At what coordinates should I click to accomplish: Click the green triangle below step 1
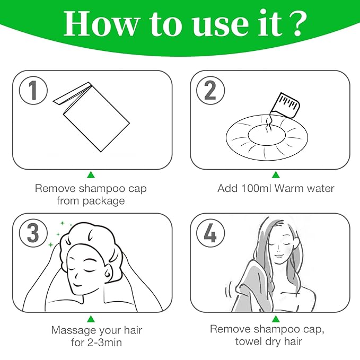coord(91,174)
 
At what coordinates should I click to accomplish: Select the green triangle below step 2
coord(276,174)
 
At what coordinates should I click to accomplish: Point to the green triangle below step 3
coord(91,318)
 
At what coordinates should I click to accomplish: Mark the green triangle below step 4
coord(276,318)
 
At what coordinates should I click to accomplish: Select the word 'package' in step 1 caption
coord(104,201)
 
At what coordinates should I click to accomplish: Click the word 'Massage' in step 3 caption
coord(72,330)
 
